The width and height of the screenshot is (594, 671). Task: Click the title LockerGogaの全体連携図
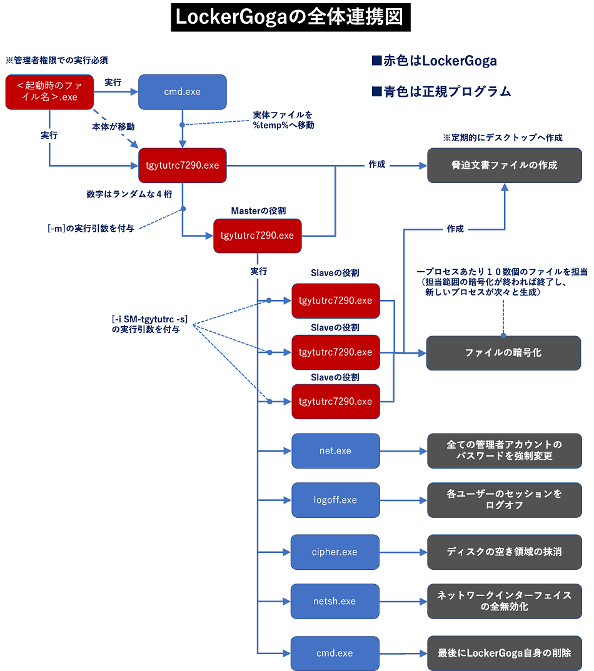click(291, 17)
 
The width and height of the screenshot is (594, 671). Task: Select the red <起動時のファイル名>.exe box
click(49, 92)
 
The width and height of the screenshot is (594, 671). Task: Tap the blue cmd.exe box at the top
click(182, 92)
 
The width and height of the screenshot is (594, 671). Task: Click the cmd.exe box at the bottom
click(335, 653)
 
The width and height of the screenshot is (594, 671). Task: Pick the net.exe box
click(335, 450)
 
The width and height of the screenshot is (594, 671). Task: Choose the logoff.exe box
click(335, 500)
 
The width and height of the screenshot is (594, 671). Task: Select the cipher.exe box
click(335, 552)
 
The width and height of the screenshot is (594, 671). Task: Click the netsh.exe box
click(335, 601)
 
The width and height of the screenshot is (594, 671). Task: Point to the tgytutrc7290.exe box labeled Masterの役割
click(257, 236)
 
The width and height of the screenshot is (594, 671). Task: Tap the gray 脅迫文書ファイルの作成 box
click(504, 166)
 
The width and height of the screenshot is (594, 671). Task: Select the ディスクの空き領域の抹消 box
click(504, 552)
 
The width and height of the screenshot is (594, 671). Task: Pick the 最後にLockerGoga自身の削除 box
click(504, 653)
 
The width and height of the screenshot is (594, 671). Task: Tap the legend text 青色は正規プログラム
click(441, 91)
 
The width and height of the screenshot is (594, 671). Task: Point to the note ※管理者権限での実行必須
click(57, 61)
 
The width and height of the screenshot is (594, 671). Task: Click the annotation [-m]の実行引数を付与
click(91, 228)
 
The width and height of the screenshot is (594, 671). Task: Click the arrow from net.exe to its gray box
click(403, 450)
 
